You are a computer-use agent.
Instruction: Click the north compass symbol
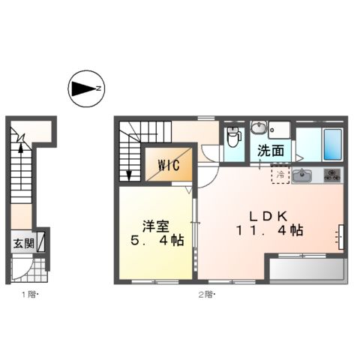pos(86,88)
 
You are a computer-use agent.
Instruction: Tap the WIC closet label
pos(169,165)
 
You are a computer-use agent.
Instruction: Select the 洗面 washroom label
pos(271,151)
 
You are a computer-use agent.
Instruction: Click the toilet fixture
pos(234,137)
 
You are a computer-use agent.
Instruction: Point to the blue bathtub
pos(333,145)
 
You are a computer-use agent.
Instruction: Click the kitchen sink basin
pos(302,175)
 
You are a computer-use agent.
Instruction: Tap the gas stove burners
pos(332,175)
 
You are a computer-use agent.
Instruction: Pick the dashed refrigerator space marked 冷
pos(280,174)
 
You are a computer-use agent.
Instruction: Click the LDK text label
pos(268,216)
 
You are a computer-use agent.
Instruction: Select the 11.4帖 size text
pos(269,230)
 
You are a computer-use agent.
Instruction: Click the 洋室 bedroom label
pos(156,226)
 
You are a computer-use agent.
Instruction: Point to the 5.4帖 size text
pos(157,241)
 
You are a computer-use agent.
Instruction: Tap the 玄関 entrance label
pos(24,243)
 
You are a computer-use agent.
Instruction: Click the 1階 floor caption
pos(30,295)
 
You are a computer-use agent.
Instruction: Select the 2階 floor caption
pos(207,295)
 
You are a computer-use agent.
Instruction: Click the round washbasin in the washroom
pos(259,127)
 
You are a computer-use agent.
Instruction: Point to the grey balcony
pos(307,268)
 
